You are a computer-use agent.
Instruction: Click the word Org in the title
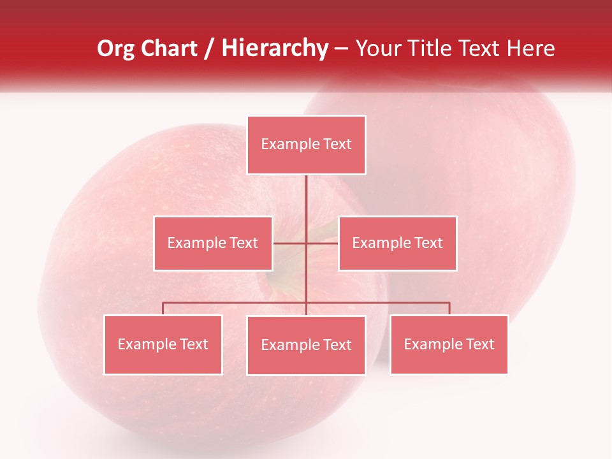pos(115,48)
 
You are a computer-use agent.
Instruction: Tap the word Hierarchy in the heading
pos(274,48)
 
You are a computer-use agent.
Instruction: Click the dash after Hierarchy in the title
pos(341,48)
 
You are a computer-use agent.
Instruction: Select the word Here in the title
pos(531,48)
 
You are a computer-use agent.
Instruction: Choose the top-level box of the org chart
pos(306,145)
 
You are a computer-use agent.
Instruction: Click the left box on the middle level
pos(213,243)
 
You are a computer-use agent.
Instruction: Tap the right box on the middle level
pos(398,243)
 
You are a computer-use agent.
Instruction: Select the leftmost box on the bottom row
pos(163,344)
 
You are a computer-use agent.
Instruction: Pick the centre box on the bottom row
pos(306,345)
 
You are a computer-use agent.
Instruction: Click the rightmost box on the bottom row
pos(449,344)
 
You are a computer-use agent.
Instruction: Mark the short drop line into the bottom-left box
pos(163,309)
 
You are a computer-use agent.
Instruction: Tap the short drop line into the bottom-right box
pos(449,309)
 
